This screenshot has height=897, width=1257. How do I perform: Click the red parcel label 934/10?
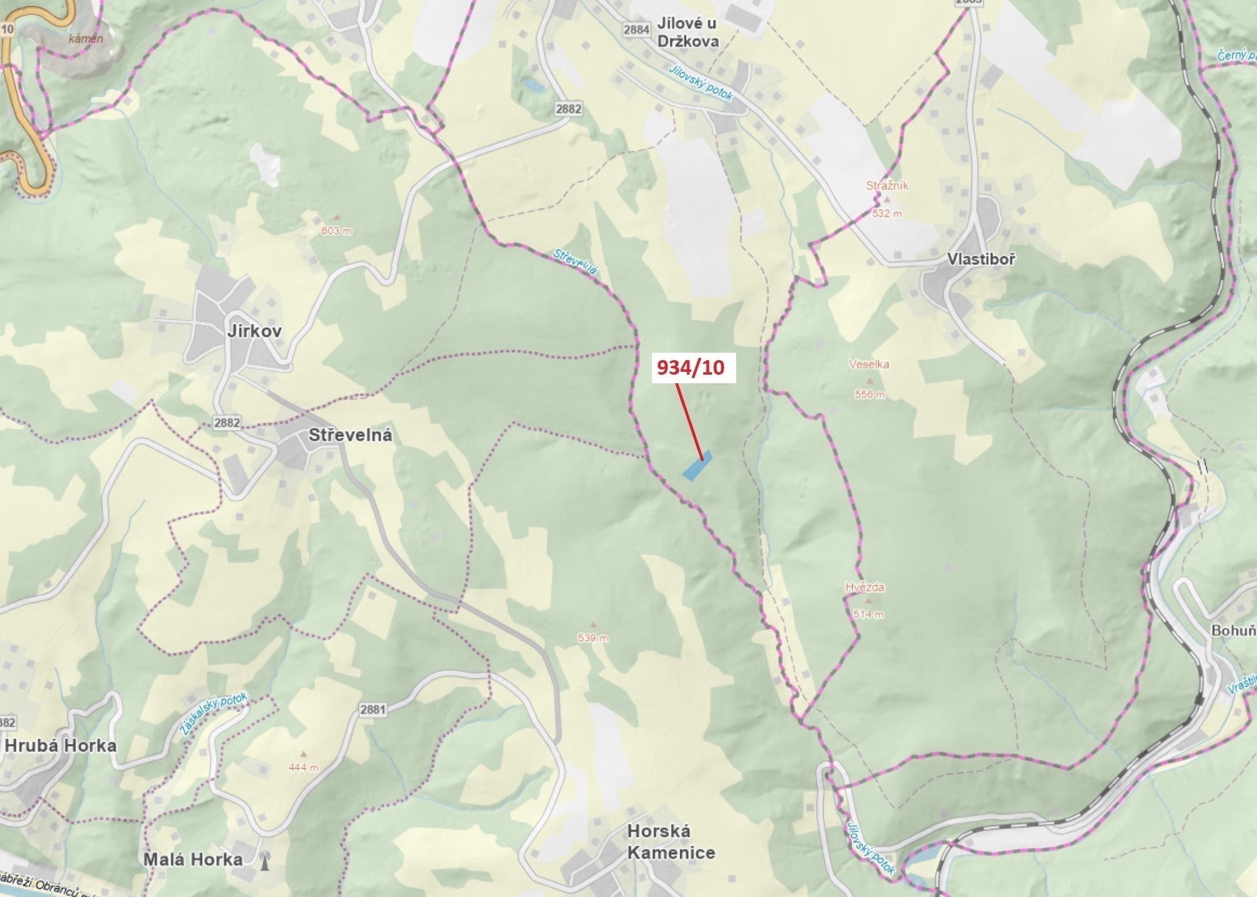coord(691,367)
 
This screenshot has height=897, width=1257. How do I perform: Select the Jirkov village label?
coord(254,331)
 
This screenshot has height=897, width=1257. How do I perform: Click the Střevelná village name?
coord(350,435)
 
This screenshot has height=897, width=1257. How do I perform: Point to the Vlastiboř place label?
coord(980,259)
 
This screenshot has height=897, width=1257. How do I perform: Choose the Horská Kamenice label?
coord(670,842)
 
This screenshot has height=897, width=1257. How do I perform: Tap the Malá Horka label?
coord(192,859)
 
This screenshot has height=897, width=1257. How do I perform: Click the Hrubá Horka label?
coord(60,745)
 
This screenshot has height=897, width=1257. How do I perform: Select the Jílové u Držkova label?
coord(688,32)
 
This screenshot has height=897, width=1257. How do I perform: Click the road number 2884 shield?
coord(636,29)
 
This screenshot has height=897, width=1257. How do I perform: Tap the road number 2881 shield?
coord(372,709)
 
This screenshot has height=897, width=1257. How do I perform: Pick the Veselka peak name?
coord(868,364)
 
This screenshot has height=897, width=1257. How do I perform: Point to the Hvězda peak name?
coord(864,587)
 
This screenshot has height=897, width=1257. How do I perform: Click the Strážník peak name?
coord(887,185)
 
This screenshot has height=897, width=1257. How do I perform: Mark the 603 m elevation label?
coord(337,231)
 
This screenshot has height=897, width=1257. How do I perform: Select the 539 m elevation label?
coord(593,638)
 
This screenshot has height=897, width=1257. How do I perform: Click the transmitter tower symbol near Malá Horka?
coord(265,860)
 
